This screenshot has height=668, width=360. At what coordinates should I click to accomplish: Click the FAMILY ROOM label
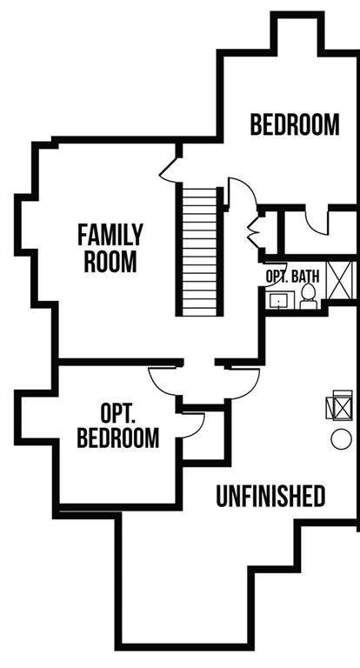[110, 248]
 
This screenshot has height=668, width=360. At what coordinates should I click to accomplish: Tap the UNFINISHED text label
[270, 496]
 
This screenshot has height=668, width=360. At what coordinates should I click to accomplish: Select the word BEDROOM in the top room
[295, 124]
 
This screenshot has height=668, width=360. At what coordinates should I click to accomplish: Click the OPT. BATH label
[292, 276]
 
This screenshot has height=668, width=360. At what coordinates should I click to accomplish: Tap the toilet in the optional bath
[308, 297]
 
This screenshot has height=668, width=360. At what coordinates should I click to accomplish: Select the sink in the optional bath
[279, 300]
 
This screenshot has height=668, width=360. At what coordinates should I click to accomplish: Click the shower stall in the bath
[340, 280]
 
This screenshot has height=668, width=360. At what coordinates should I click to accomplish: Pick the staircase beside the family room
[200, 251]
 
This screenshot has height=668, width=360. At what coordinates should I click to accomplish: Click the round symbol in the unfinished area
[341, 439]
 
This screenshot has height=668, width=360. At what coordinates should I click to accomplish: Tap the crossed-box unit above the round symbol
[339, 404]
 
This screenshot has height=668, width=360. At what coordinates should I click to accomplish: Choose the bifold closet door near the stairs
[254, 232]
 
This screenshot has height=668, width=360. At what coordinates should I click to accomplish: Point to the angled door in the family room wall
[168, 170]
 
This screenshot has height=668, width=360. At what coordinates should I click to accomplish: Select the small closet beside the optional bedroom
[204, 436]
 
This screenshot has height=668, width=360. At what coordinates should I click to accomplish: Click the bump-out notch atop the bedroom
[297, 33]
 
